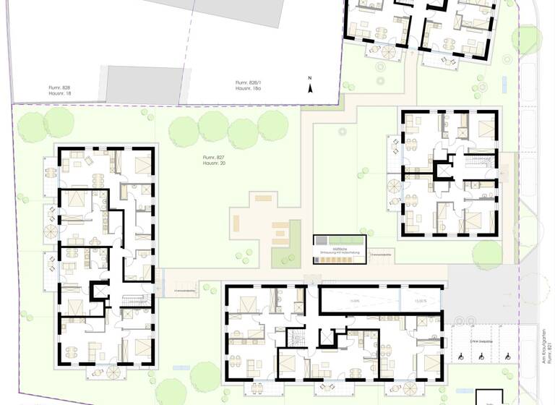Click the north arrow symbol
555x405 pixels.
click(309, 87)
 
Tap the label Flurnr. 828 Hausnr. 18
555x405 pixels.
click(61, 90)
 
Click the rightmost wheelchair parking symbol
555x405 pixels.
click(508, 356)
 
